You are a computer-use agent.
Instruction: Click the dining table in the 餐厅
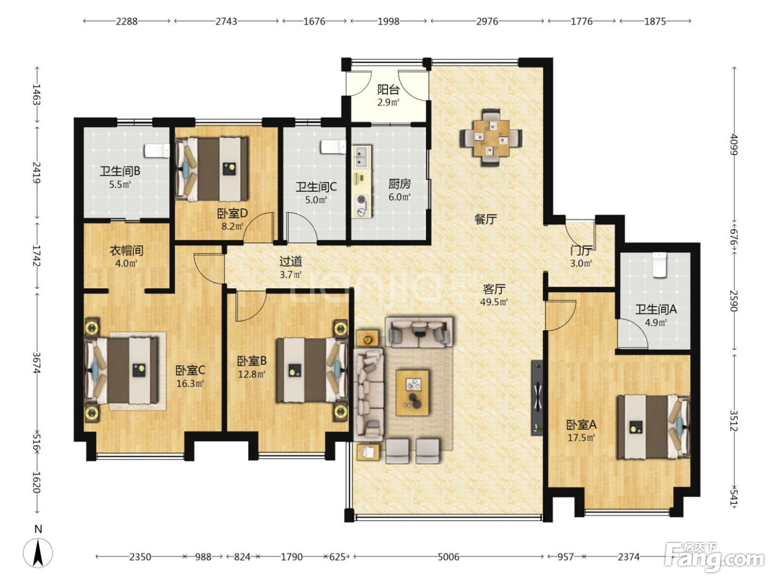tap(491, 138)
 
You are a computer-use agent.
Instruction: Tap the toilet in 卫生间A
tap(658, 265)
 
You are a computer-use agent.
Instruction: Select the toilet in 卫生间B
tap(156, 151)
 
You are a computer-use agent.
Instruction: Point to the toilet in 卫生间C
tap(333, 147)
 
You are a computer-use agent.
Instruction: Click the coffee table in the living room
tap(412, 392)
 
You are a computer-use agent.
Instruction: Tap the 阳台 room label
tap(388, 90)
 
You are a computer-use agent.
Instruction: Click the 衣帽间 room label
tap(127, 251)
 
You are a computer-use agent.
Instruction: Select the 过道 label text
tap(291, 261)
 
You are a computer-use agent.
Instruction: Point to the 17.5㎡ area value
tap(582, 437)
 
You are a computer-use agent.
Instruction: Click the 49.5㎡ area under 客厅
tap(494, 302)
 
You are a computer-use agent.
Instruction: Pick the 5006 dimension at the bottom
tap(448, 557)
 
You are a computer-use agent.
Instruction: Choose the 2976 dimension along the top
tap(487, 22)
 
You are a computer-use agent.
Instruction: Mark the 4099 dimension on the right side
tap(734, 144)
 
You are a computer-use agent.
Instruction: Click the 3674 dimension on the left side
tap(36, 363)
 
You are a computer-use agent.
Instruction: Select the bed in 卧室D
tap(212, 170)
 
